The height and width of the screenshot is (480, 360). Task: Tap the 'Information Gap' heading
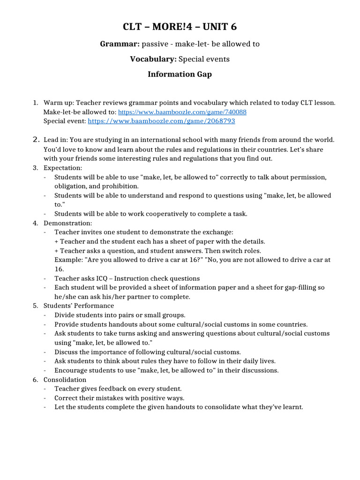click(180, 74)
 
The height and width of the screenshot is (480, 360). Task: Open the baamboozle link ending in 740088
click(182, 112)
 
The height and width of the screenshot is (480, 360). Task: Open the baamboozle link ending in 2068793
click(161, 121)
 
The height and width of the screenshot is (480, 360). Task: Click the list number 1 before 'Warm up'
click(35, 103)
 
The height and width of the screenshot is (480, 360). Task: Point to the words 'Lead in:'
click(56, 140)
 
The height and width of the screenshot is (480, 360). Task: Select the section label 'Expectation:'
click(63, 168)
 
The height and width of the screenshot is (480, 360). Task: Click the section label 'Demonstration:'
click(68, 223)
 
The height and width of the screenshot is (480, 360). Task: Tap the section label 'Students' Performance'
click(79, 306)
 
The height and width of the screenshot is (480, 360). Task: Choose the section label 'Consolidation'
click(65, 379)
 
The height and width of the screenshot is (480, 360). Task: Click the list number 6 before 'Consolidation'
click(35, 379)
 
